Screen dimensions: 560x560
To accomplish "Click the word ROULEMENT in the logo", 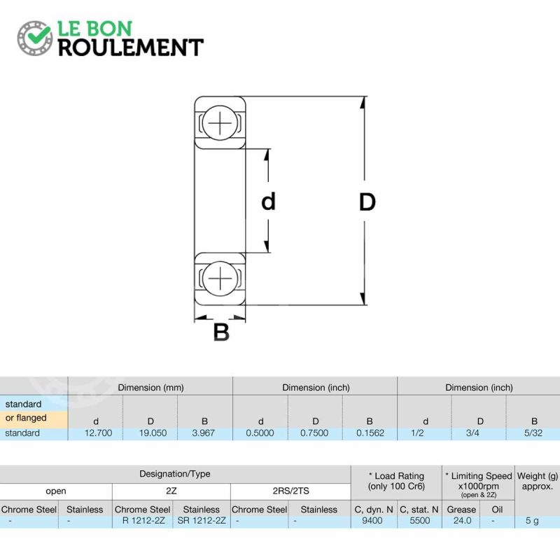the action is tap(131, 48).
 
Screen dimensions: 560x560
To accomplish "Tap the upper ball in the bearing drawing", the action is tap(220, 122).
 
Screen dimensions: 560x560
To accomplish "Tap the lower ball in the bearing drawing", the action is tap(220, 278).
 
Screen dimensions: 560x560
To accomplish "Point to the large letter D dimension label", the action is tap(367, 202).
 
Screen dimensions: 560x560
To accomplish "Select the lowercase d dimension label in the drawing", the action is tap(269, 201).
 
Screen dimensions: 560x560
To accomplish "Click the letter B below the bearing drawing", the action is tap(221, 332).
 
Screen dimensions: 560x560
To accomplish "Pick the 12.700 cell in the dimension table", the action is tap(98, 433).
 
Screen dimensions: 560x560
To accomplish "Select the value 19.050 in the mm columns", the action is tap(153, 433).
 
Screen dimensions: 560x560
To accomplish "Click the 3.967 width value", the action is tap(203, 433).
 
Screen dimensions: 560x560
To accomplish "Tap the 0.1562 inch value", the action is tap(370, 433).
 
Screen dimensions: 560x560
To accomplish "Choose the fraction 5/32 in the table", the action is tap(533, 433).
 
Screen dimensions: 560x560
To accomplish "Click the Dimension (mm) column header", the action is tap(150, 388).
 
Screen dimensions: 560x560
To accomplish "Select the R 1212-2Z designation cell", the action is tap(143, 521).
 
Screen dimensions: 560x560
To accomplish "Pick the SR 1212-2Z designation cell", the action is tap(202, 521).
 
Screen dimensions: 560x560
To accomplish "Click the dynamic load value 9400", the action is tap(372, 521).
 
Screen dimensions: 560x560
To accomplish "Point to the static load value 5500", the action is tap(419, 521).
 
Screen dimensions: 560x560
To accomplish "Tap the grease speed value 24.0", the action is tap(462, 521).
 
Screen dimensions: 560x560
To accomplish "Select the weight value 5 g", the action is tap(532, 521).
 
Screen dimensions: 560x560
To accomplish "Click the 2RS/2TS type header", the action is tap(290, 491).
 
